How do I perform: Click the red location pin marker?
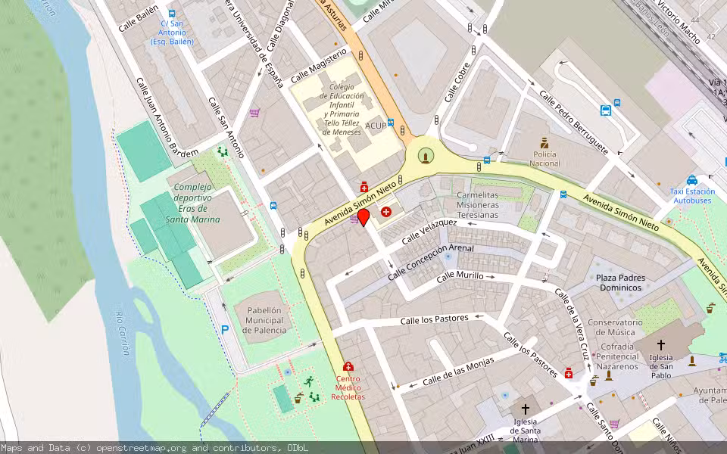(363, 217)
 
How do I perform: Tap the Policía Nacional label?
(544, 158)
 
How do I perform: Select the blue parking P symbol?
(224, 329)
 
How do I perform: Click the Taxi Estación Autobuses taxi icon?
(692, 180)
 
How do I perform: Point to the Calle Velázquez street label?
(429, 232)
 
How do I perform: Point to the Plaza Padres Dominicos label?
(620, 282)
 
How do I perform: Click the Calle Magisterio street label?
(318, 65)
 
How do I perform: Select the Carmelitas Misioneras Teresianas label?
(488, 204)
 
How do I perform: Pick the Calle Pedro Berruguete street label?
(573, 121)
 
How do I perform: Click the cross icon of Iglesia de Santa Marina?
(526, 409)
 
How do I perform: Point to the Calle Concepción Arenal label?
(430, 260)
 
